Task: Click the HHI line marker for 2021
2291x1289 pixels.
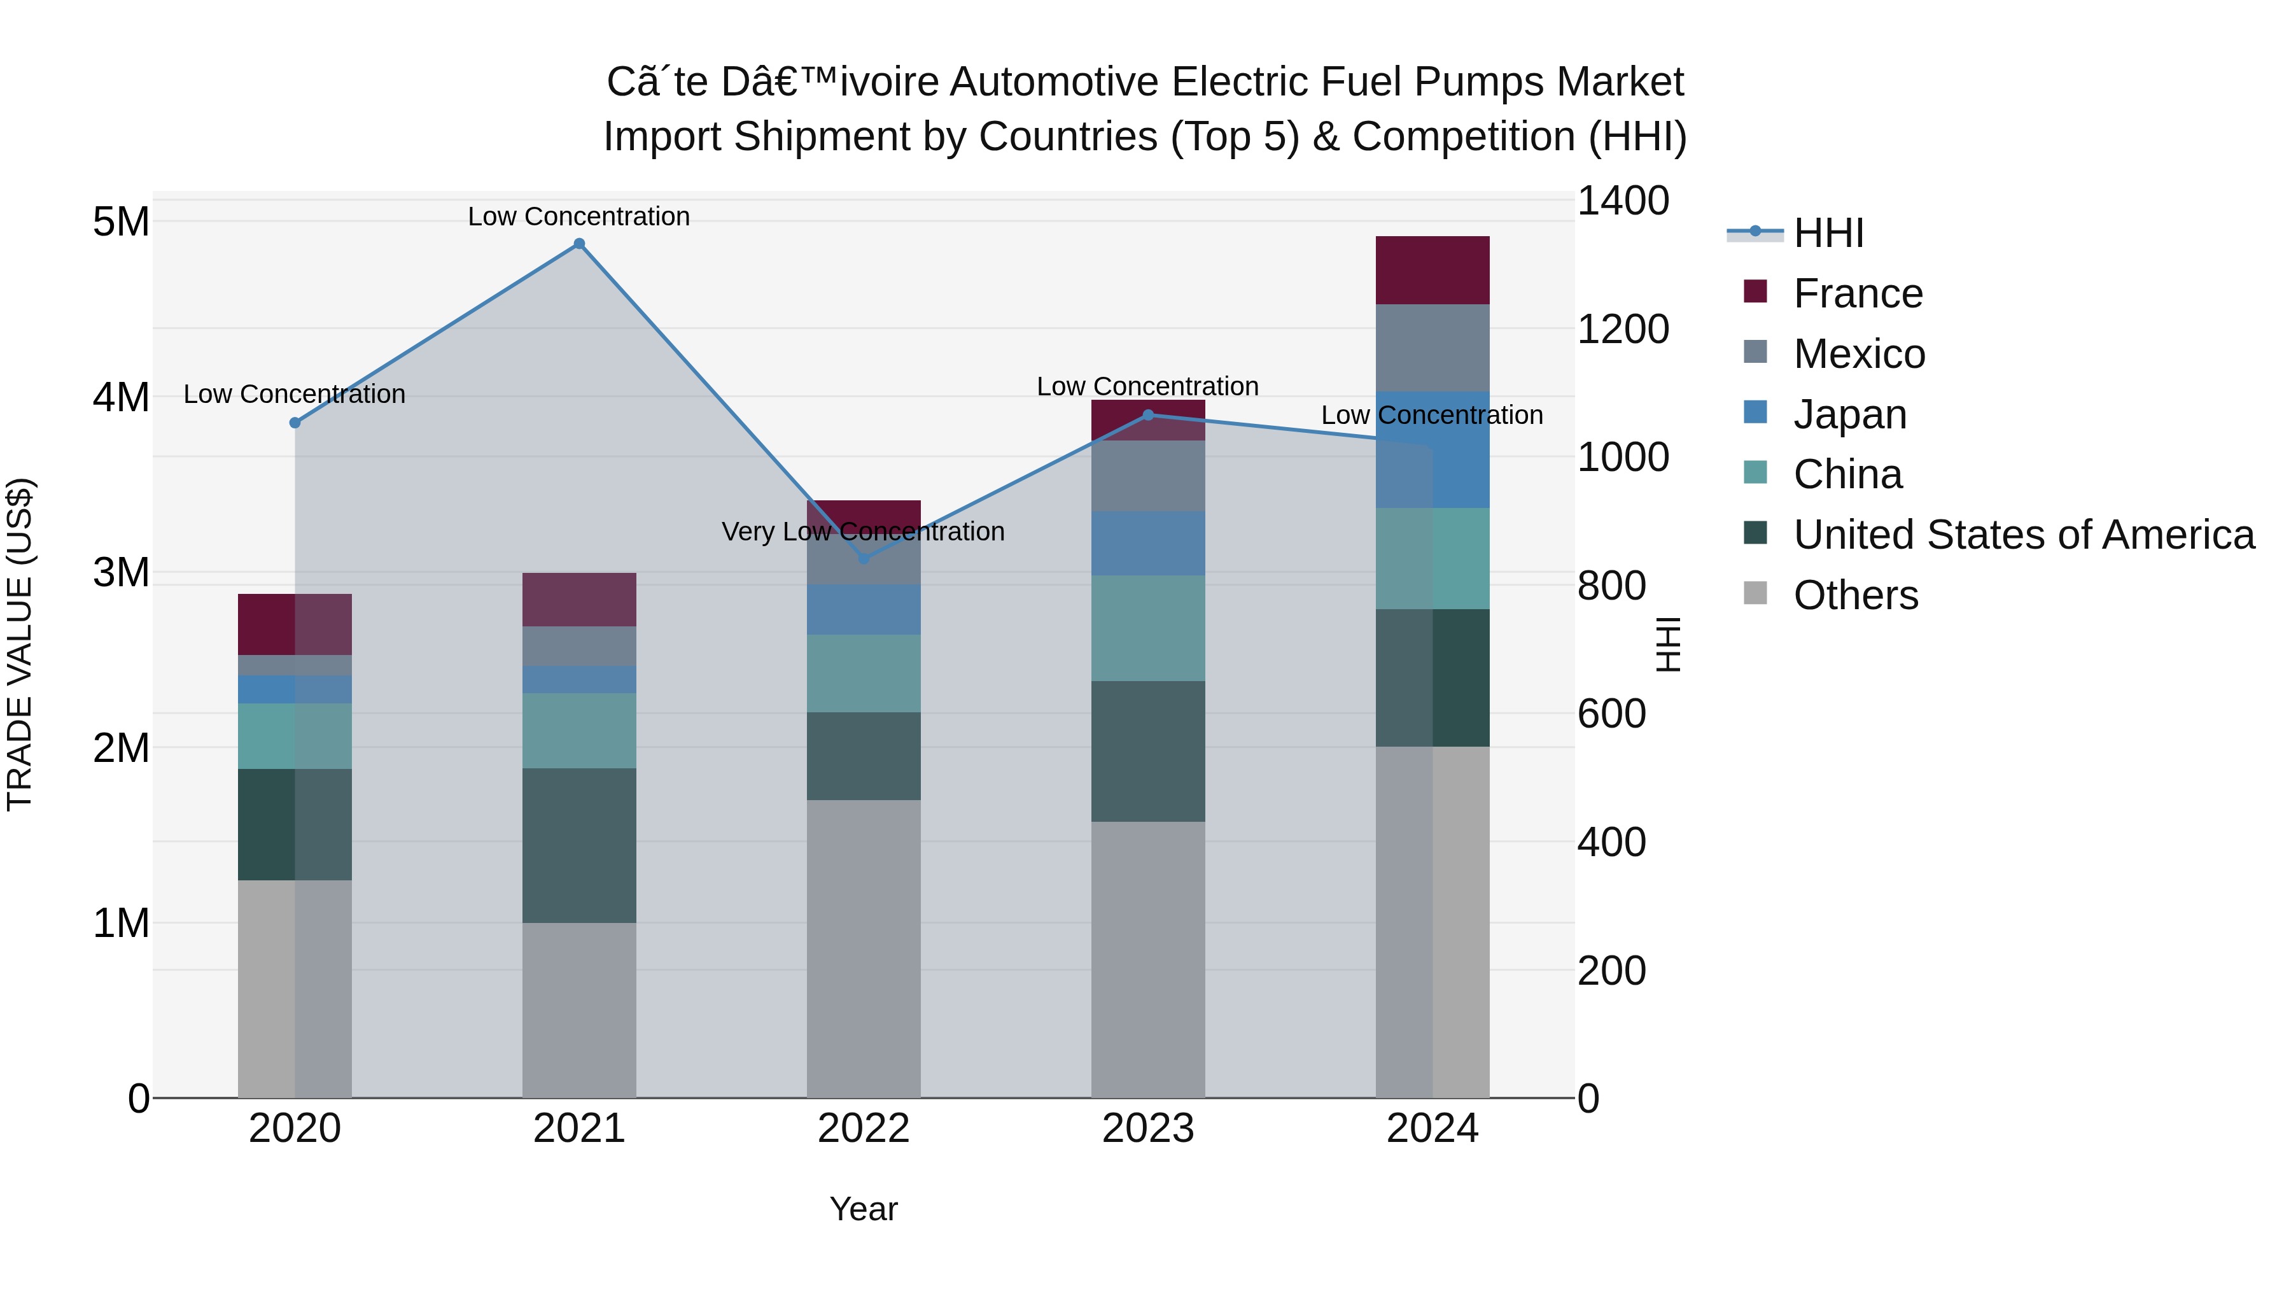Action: point(579,244)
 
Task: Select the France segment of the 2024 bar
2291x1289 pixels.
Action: point(1432,271)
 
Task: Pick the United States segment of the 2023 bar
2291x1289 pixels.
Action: point(1147,751)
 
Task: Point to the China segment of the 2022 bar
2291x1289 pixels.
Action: point(864,673)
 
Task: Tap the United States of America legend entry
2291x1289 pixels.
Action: point(2023,535)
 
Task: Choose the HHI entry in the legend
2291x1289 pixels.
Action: point(1828,233)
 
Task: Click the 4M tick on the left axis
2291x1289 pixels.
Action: point(122,397)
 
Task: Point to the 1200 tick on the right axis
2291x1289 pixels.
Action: point(1623,329)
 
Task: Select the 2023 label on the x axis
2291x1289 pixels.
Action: point(1147,1129)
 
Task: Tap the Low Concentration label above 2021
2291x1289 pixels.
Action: point(579,216)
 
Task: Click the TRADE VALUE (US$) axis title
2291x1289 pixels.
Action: point(20,644)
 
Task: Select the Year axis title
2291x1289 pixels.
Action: point(864,1209)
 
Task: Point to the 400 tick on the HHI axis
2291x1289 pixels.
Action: point(1611,842)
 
